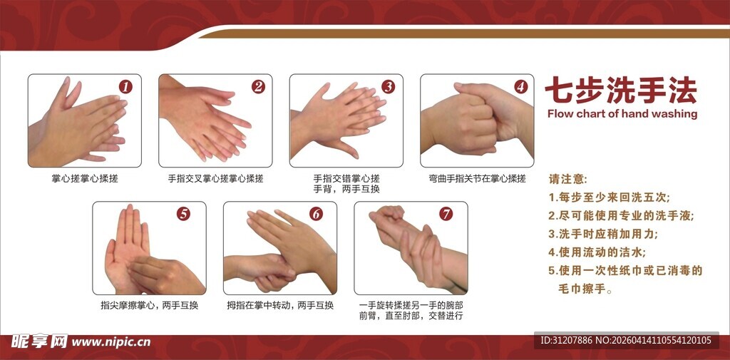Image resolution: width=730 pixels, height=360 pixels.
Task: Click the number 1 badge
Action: coord(125,87)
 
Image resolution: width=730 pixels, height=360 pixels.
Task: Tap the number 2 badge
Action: coord(258,87)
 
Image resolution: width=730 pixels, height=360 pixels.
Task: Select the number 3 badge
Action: coord(389,87)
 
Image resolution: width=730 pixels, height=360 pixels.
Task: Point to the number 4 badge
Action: coord(521,87)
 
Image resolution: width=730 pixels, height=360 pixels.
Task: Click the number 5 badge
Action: coord(184,214)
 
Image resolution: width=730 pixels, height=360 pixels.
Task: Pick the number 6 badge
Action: coord(316,214)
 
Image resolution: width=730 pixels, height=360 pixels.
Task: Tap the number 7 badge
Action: coord(446,214)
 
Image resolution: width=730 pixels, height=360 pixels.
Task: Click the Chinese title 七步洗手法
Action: coord(620,91)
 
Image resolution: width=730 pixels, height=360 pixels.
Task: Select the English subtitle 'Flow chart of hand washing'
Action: coord(622,113)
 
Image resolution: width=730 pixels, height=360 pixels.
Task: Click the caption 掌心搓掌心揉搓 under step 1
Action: coord(85,178)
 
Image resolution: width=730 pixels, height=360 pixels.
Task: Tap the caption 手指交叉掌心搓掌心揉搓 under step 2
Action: coord(215,178)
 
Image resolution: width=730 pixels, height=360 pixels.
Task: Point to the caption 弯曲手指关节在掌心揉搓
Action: coord(477,178)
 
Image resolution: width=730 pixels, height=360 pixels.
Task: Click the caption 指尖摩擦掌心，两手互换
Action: coord(149,306)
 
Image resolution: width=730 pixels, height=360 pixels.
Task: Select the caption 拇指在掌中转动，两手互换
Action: coord(280,306)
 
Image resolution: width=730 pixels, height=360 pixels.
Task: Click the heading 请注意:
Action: coord(567,178)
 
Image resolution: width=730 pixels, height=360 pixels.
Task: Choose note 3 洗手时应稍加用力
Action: coord(602,234)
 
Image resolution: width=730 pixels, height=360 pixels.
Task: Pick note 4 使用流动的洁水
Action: coord(597,252)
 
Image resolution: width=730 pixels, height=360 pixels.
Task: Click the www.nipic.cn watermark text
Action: coord(111,342)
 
